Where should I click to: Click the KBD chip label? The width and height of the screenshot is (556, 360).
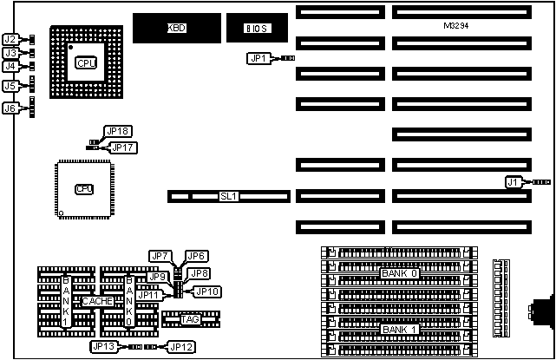click(177, 29)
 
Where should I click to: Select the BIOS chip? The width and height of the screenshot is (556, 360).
click(255, 29)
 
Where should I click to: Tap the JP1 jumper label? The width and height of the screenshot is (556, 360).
click(258, 58)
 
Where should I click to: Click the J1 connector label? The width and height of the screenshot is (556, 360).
click(514, 181)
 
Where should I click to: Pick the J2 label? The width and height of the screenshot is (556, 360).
click(10, 39)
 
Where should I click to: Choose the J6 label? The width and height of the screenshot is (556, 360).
click(10, 108)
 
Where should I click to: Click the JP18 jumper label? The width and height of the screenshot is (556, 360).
click(117, 132)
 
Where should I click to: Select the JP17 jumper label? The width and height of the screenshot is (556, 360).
click(123, 147)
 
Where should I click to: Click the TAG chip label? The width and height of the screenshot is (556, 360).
click(191, 320)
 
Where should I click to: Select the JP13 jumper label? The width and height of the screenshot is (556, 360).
click(102, 347)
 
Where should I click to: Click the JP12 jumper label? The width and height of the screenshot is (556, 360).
click(180, 347)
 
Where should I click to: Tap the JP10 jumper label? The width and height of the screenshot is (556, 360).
click(206, 291)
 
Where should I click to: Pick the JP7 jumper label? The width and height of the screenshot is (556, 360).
click(160, 256)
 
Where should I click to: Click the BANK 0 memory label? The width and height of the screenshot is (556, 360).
click(399, 274)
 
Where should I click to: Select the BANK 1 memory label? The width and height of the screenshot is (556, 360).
click(399, 329)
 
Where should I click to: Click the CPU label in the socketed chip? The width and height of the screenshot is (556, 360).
click(86, 62)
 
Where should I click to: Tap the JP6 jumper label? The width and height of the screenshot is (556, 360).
click(196, 256)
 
